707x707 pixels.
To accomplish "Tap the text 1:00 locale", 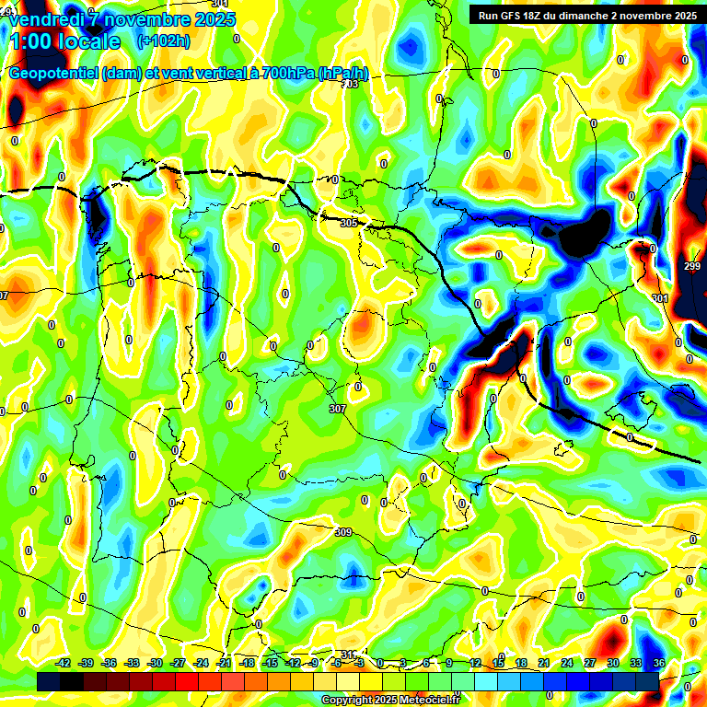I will pos(64,41).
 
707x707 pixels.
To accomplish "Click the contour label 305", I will pos(348,223).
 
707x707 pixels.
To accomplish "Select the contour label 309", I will pos(342,532).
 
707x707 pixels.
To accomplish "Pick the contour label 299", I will pos(692,266).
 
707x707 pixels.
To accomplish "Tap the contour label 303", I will pos(350,84).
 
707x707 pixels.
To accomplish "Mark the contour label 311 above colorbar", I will pos(348,655).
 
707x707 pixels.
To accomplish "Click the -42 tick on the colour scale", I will pos(64,663).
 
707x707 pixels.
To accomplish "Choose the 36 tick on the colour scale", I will pos(659,663).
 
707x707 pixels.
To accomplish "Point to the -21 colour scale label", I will pos(224,663).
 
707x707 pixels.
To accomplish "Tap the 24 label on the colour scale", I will pos(567,663).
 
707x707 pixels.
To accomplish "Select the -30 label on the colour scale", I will pos(155,663).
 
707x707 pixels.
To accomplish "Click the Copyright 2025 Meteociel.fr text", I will pos(389,700).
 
